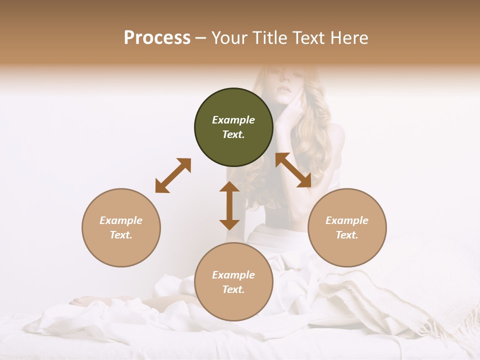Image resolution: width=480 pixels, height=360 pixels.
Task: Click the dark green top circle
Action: (x=233, y=127)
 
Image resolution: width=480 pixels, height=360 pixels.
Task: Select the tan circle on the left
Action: (x=121, y=227)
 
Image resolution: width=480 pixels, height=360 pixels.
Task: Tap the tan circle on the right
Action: (x=347, y=227)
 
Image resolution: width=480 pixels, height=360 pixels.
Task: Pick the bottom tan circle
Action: (x=233, y=282)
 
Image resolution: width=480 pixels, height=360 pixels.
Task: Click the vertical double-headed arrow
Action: (x=229, y=205)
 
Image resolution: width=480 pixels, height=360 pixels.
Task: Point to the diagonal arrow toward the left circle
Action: (x=173, y=175)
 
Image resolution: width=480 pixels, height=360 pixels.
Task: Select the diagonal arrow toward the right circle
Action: (x=293, y=170)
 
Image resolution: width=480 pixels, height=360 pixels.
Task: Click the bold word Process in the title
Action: (x=157, y=37)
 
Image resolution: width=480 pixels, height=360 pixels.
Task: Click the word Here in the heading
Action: (x=348, y=37)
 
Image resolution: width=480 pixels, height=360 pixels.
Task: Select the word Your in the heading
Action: (x=228, y=37)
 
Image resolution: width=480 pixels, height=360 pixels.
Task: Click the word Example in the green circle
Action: (x=233, y=120)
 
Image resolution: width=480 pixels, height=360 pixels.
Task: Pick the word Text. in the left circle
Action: (x=121, y=235)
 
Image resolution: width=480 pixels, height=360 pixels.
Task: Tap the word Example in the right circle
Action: (x=347, y=220)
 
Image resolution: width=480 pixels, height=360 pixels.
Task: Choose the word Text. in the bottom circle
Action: (x=233, y=289)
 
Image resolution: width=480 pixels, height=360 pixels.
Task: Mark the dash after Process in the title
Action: (x=201, y=38)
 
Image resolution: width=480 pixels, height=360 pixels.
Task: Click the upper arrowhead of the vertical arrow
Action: (x=229, y=187)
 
